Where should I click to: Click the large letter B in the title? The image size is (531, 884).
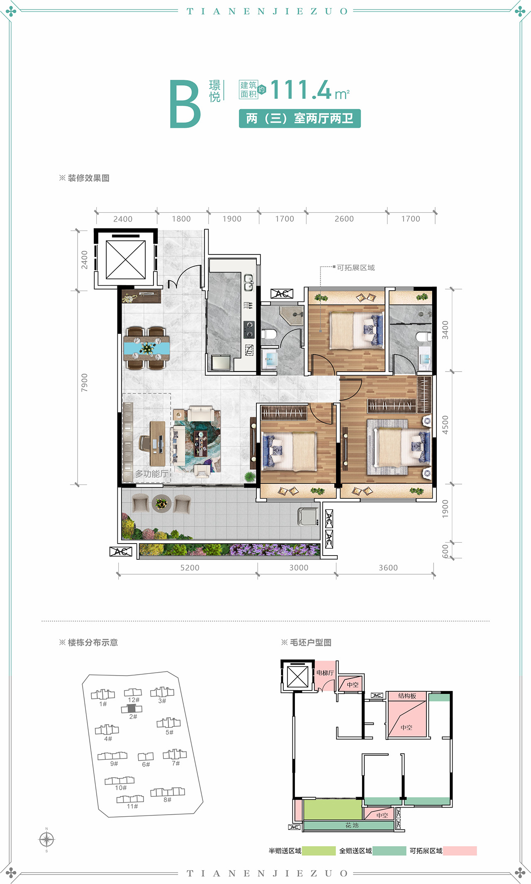[185, 104]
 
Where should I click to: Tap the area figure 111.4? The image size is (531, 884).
[301, 90]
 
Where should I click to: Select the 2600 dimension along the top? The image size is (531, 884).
[344, 219]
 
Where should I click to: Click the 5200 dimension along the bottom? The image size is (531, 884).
[190, 568]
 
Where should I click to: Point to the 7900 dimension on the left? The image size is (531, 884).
[84, 382]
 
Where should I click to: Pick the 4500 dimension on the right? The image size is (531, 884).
[445, 425]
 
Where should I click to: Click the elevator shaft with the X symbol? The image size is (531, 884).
[126, 260]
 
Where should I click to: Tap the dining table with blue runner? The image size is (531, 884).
[146, 348]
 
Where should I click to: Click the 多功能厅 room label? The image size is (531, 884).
[151, 474]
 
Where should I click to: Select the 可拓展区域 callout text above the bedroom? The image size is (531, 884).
[356, 268]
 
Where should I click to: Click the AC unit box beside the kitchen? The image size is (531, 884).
[282, 294]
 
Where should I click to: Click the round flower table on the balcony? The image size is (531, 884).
[161, 504]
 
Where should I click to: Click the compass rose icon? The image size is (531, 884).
[46, 840]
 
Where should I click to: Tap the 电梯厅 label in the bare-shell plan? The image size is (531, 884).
[325, 673]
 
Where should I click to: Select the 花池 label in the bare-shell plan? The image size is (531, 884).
[352, 825]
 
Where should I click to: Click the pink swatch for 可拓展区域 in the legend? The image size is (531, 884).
[460, 851]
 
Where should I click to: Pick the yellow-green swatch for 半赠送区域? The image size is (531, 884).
[319, 851]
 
